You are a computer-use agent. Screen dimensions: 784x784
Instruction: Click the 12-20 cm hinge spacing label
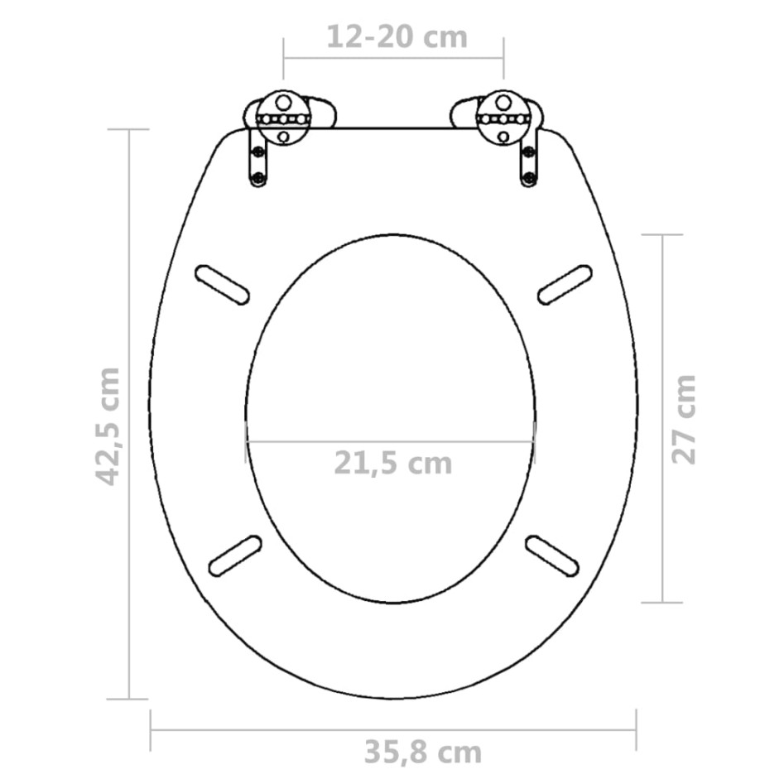[x=397, y=37]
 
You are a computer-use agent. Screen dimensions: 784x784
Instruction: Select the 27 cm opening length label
[x=685, y=419]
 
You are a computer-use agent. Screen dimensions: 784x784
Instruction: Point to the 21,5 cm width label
[x=393, y=463]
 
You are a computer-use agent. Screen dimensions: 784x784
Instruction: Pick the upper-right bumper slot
[x=565, y=285]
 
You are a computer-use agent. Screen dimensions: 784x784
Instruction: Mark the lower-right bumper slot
[x=553, y=555]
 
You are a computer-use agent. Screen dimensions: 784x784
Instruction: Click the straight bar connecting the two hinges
[x=393, y=128]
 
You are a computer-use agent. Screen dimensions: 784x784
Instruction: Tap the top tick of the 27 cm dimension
[x=662, y=235]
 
